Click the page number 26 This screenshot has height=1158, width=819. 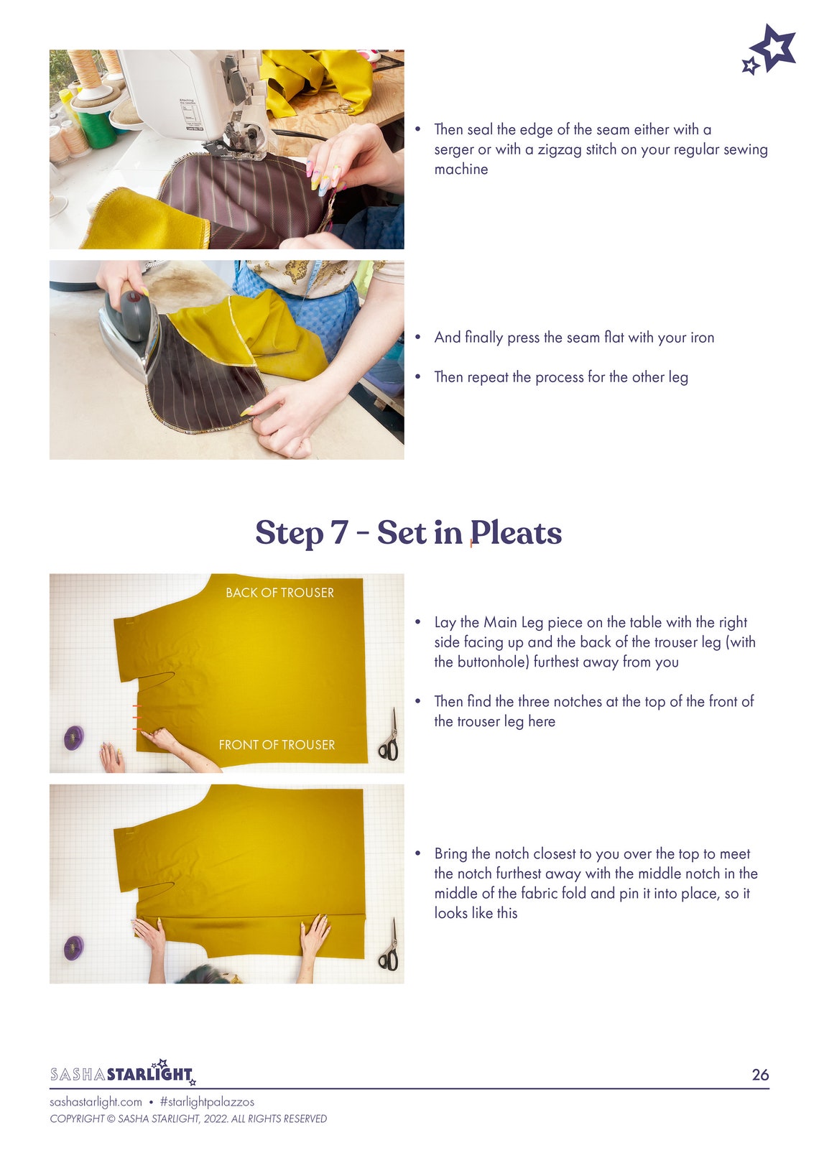pos(760,1074)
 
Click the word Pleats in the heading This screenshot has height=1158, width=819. pos(516,533)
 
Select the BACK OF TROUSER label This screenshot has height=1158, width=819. pos(279,593)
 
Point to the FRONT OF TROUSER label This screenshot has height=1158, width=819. pos(277,744)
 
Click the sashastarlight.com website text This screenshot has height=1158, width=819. pos(96,1102)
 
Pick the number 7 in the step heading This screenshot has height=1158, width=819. pos(340,532)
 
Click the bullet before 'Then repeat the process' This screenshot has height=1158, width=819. pos(418,377)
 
